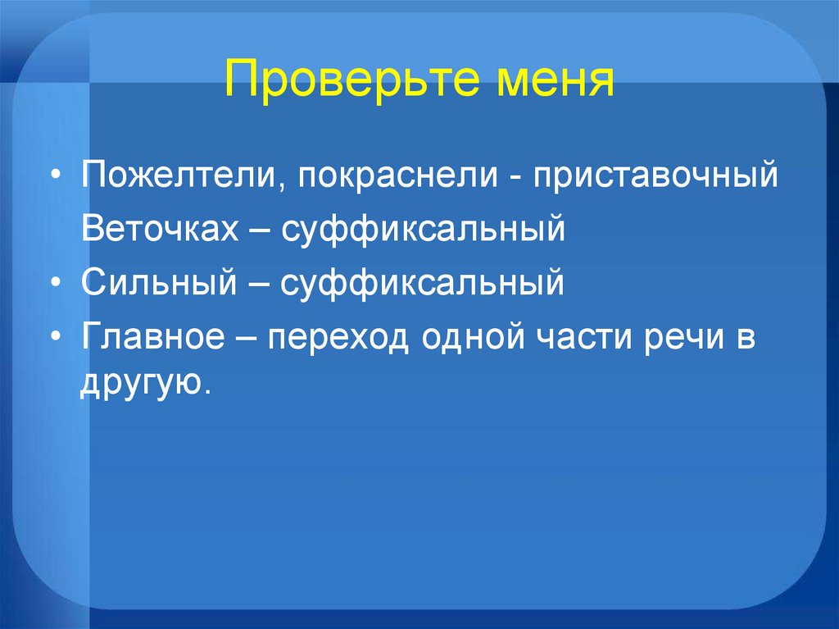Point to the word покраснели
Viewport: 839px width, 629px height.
[397, 175]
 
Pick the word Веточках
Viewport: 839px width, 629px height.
[160, 229]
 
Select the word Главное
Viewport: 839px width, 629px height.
[153, 336]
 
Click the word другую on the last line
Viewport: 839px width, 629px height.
[142, 384]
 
